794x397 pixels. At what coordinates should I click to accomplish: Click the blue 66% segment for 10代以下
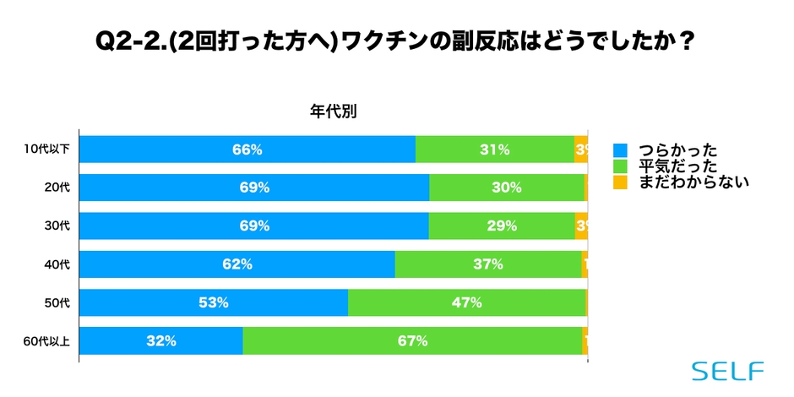pos(247,150)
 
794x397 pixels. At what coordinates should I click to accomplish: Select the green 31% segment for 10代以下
pos(495,150)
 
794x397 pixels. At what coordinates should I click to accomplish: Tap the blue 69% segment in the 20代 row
pos(254,188)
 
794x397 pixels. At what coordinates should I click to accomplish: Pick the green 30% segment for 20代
pos(507,188)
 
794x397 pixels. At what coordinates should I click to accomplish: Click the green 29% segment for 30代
pos(502,226)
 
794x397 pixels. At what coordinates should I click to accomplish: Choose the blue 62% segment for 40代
pos(237,264)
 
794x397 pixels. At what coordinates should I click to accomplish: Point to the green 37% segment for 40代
pos(488,264)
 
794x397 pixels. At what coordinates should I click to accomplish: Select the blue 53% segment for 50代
pos(214,302)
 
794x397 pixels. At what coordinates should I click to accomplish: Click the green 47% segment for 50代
pos(467,302)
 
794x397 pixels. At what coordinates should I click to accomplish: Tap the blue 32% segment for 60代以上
pos(160,341)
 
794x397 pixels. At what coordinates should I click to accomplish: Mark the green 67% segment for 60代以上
pos(412,341)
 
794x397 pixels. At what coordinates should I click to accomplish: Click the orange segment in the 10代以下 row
pos(581,150)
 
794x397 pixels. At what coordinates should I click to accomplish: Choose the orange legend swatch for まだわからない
pos(620,181)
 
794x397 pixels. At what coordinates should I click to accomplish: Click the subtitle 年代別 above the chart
pos(333,111)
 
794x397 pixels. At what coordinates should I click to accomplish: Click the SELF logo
pos(727,371)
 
